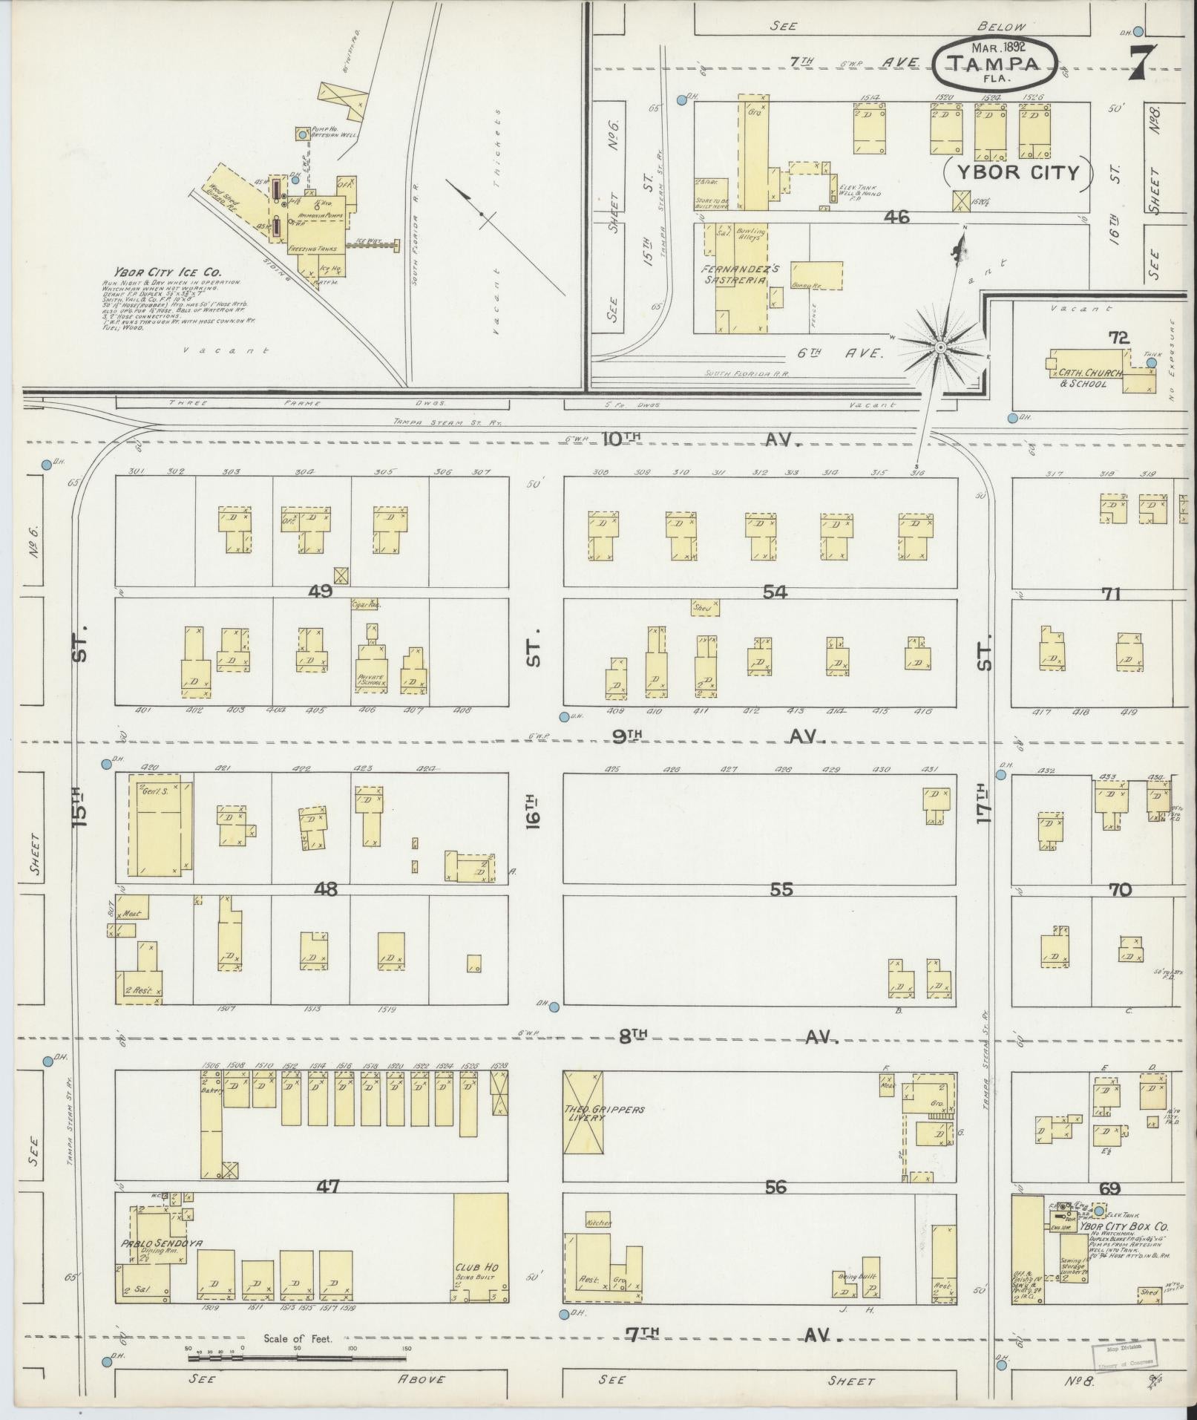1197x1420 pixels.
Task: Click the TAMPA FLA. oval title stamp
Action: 994,64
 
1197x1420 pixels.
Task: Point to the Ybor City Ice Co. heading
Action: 157,272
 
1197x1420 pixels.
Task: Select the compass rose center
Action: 939,347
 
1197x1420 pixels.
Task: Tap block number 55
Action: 781,889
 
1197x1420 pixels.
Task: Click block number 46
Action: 896,217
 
